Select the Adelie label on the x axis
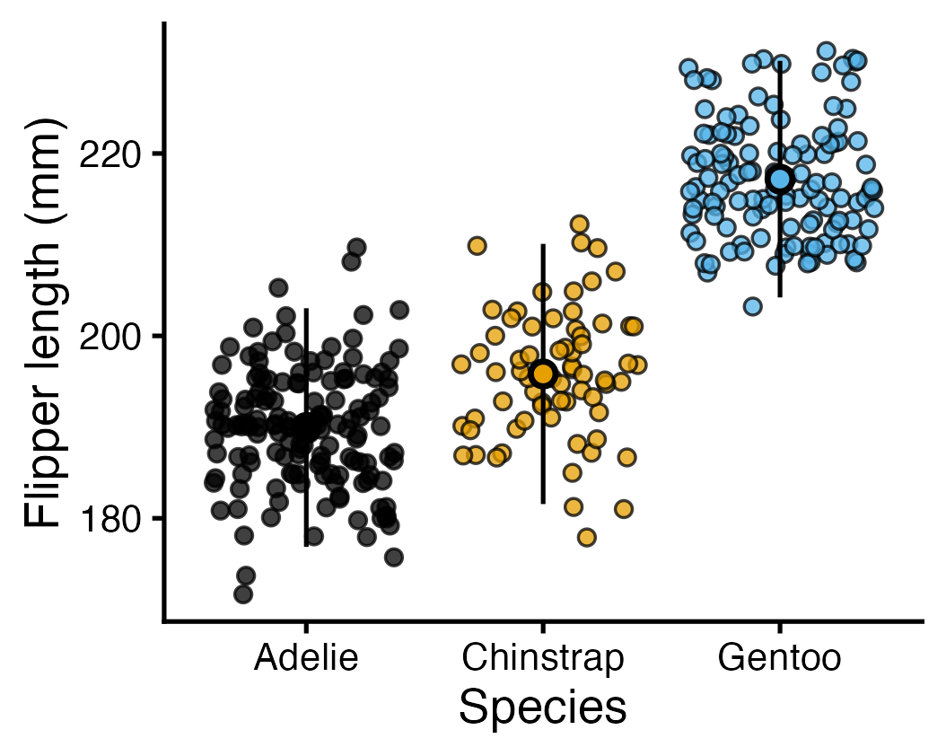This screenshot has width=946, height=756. click(306, 659)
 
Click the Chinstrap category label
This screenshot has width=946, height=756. click(542, 659)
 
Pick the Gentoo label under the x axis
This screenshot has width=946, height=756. click(779, 659)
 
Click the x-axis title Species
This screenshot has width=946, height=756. click(542, 708)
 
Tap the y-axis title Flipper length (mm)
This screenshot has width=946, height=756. click(45, 322)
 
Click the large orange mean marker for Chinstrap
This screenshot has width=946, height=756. click(542, 374)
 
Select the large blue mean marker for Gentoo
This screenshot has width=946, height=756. click(779, 179)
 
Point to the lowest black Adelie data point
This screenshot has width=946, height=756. click(242, 593)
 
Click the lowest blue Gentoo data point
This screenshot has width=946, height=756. click(752, 306)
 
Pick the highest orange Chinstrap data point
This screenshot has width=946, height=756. click(579, 224)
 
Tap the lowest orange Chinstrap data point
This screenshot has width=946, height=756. click(586, 537)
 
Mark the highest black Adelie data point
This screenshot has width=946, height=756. click(356, 247)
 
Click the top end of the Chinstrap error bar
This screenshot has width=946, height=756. click(542, 244)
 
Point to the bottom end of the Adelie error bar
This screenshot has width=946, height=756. click(306, 545)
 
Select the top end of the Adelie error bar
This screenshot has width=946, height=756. click(306, 309)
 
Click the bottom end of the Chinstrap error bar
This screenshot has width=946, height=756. click(542, 503)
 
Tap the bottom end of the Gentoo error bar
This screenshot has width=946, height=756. click(779, 296)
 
